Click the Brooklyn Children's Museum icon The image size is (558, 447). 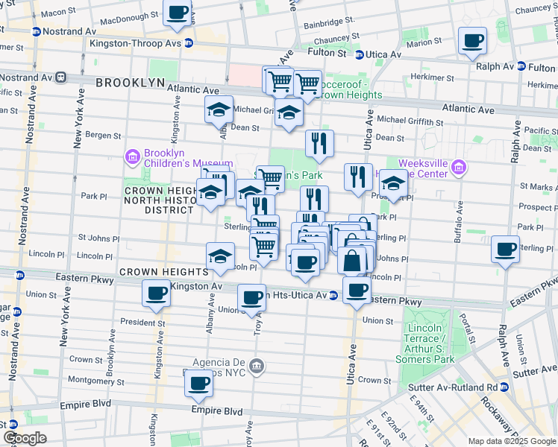[x=132, y=157]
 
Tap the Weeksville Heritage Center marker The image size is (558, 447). [x=459, y=168]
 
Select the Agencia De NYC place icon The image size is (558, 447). [x=257, y=365]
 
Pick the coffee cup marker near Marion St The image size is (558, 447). [x=472, y=41]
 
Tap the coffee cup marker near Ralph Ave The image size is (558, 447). [x=506, y=249]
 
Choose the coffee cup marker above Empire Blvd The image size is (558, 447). [x=198, y=384]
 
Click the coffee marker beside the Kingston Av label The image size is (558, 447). [x=157, y=294]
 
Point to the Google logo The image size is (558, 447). [x=25, y=438]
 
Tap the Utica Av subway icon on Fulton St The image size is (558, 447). [x=359, y=54]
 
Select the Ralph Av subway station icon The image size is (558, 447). [x=521, y=66]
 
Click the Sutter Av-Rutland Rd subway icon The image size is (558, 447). [x=504, y=387]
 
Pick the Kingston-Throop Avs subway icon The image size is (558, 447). [x=189, y=43]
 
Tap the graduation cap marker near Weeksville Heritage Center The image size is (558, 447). [x=394, y=183]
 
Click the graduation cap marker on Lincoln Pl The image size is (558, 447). [x=220, y=256]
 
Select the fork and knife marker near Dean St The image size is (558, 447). [x=319, y=143]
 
